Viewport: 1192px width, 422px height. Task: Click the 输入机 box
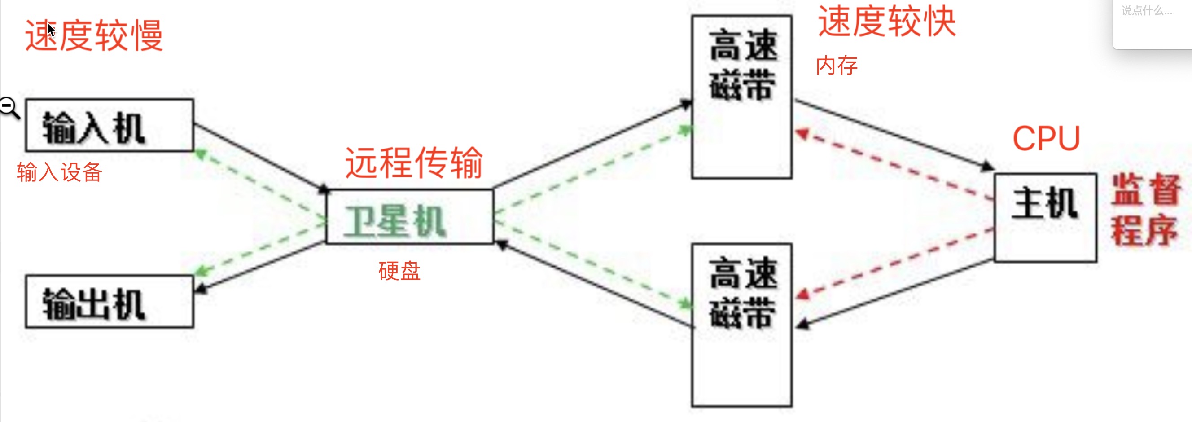pyautogui.click(x=109, y=125)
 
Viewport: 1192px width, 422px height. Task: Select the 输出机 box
pyautogui.click(x=109, y=302)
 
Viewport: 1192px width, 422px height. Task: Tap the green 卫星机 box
pyautogui.click(x=409, y=217)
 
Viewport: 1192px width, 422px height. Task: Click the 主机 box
pyautogui.click(x=1045, y=217)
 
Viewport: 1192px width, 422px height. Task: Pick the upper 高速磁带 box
pyautogui.click(x=741, y=97)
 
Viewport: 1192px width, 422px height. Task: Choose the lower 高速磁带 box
pyautogui.click(x=741, y=325)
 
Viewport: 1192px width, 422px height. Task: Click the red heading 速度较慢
pyautogui.click(x=94, y=35)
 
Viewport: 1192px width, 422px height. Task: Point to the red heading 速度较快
pyautogui.click(x=887, y=21)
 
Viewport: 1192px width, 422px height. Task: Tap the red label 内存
pyautogui.click(x=836, y=65)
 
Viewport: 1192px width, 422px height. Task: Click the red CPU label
pyautogui.click(x=1046, y=138)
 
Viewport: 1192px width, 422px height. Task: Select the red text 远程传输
pyautogui.click(x=414, y=163)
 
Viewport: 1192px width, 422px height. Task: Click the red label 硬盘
pyautogui.click(x=399, y=271)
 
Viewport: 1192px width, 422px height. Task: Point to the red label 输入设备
pyautogui.click(x=59, y=172)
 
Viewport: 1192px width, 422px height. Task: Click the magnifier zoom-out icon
pyautogui.click(x=9, y=107)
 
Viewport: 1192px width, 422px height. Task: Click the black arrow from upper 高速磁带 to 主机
pyautogui.click(x=893, y=134)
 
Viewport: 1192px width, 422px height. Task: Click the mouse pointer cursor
pyautogui.click(x=51, y=30)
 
